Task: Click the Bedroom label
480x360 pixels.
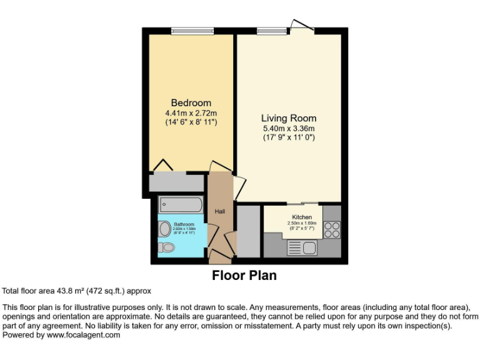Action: [x=191, y=102]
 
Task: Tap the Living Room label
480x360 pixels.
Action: [x=288, y=117]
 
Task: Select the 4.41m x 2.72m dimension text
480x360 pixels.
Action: [x=191, y=112]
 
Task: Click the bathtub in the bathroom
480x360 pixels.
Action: [x=180, y=205]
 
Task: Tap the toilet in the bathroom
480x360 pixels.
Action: [x=166, y=247]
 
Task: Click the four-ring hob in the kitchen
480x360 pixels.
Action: [x=332, y=230]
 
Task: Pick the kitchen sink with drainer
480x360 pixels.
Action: [x=303, y=247]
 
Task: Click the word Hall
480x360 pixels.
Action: [x=220, y=211]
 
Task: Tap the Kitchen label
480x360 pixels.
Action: [x=302, y=217]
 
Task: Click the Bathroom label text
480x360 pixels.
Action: [x=184, y=224]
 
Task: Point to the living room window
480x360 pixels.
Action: [x=267, y=31]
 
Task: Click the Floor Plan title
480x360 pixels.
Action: [x=244, y=275]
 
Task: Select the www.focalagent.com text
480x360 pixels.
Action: [x=83, y=335]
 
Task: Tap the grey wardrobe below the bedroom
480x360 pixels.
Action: [x=176, y=182]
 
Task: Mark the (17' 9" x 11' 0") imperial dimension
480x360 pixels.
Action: [x=288, y=137]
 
